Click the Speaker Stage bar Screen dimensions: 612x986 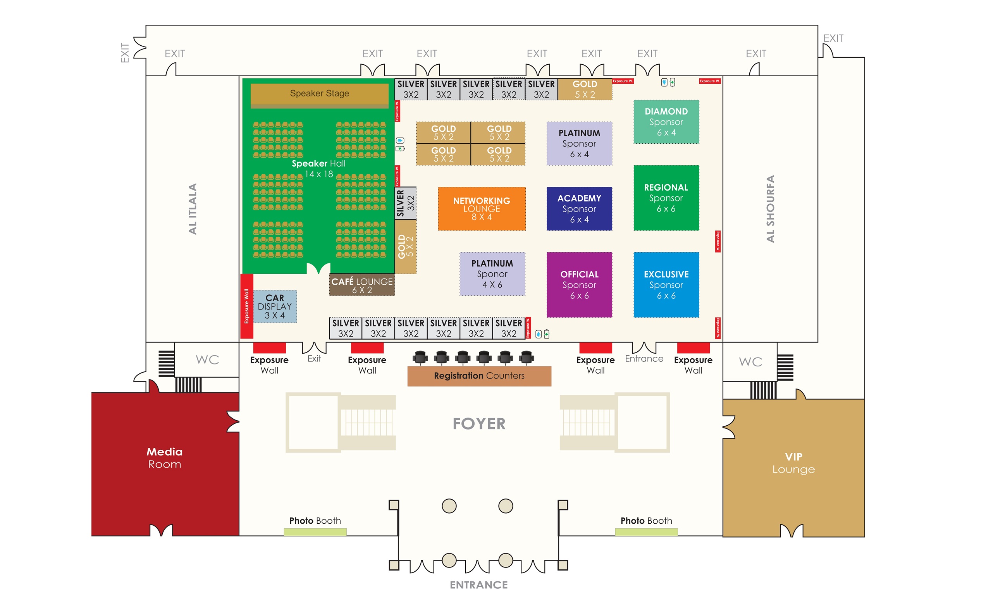pos(319,94)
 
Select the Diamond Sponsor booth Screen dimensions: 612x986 pos(666,122)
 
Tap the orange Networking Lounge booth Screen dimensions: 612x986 pos(481,209)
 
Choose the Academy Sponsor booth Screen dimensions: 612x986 pos(579,209)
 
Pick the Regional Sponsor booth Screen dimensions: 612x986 pos(666,198)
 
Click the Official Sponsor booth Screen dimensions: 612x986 pos(579,285)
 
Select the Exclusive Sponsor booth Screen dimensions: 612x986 pos(666,285)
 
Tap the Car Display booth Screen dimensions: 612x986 pos(274,306)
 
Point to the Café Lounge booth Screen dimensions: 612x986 pos(361,285)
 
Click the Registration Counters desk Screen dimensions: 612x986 pos(479,376)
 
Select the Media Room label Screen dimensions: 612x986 pos(164,458)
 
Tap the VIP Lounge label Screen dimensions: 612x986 pos(793,462)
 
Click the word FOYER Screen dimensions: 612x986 pos(479,424)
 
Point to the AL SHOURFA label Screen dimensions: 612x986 pos(770,209)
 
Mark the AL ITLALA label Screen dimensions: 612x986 pos(192,209)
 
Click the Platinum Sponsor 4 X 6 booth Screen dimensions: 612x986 pos(492,274)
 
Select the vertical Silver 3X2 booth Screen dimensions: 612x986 pos(405,203)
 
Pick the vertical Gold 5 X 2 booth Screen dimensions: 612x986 pos(405,246)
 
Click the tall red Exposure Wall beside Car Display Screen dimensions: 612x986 pos(246,306)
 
